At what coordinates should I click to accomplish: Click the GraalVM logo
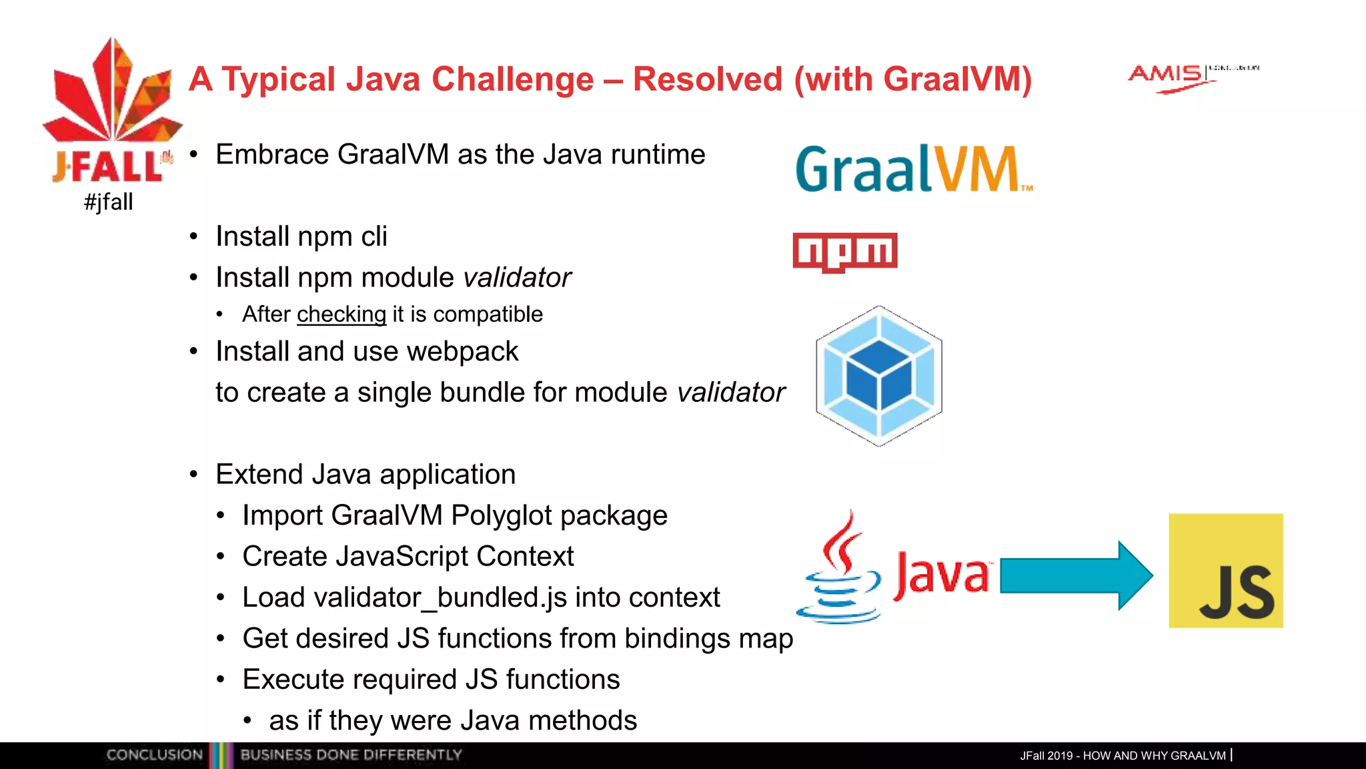[912, 170]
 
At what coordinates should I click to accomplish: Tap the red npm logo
[844, 252]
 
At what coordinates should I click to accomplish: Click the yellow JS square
[1225, 570]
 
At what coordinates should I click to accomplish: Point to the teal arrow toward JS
[1075, 575]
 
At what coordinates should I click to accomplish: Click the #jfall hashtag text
[109, 202]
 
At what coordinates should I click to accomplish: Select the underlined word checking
[341, 314]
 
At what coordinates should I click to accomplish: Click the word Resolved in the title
[707, 79]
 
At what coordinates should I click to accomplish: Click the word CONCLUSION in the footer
[154, 755]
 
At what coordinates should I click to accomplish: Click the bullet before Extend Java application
[193, 475]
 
